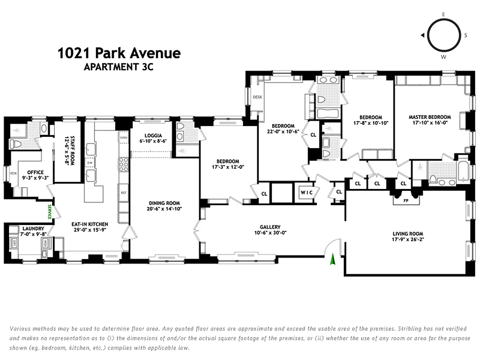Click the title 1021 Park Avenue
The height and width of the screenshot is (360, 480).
click(x=119, y=53)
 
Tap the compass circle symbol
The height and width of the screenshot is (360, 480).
click(x=443, y=35)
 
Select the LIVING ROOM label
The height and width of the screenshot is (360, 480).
click(x=408, y=234)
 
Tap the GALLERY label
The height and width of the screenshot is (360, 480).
click(x=270, y=227)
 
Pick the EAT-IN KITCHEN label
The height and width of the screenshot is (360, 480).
click(x=90, y=224)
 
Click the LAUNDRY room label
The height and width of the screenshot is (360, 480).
click(x=33, y=229)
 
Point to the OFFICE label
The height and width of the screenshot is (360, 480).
click(x=35, y=172)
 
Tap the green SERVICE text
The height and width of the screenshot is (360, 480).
click(x=50, y=211)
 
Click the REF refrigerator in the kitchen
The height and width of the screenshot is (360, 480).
click(x=123, y=192)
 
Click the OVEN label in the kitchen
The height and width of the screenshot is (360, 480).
click(x=123, y=138)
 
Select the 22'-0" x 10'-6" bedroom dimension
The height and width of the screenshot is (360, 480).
click(x=283, y=131)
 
